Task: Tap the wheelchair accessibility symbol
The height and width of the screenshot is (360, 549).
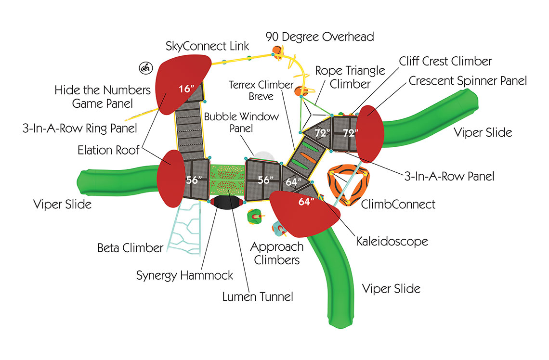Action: coord(144,68)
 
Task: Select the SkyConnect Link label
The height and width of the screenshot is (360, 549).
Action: coord(208,46)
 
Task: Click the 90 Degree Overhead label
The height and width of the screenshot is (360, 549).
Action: coord(320,37)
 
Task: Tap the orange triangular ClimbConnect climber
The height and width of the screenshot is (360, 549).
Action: coord(348,185)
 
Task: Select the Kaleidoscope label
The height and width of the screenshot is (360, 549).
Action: coord(392,241)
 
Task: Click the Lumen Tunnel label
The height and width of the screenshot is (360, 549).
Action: coord(257,296)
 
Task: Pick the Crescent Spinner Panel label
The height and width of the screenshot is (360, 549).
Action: coord(468,80)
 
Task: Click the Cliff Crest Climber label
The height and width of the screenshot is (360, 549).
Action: coord(445,61)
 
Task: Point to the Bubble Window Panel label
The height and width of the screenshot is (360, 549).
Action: coord(241,123)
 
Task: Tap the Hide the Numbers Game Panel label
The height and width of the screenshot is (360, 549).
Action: coord(103,96)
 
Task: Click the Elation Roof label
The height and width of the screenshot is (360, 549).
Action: coord(108,150)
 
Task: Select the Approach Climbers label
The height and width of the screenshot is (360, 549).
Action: coord(276,253)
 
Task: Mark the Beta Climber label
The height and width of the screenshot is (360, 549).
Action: coord(130,248)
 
